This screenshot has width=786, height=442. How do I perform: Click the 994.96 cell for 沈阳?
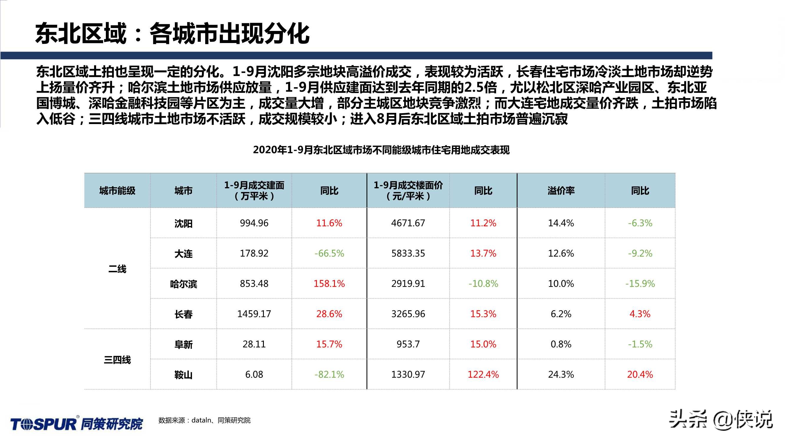coord(254,223)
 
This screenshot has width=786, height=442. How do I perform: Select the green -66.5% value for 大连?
coord(329,253)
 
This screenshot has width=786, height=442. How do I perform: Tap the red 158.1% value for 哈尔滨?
coord(329,283)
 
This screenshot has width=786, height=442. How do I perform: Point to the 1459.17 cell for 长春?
coord(254,314)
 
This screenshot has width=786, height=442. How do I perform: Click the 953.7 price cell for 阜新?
coord(408,344)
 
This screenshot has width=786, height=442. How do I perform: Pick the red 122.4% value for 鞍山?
coord(483,374)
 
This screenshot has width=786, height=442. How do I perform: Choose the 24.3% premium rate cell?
coord(561,374)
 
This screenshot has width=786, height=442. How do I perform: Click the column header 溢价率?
coord(561,191)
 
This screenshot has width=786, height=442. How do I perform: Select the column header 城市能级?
coord(117,191)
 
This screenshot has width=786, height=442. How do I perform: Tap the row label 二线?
coord(117,269)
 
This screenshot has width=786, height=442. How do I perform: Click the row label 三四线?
coord(117,359)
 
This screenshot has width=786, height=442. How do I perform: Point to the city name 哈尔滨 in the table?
coord(183,284)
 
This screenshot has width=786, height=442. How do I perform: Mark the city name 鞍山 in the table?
coord(183,375)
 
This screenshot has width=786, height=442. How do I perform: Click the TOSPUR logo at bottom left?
coord(77,424)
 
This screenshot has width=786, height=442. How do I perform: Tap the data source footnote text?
coord(204,420)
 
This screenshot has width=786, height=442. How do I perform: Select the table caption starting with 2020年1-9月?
coord(381,150)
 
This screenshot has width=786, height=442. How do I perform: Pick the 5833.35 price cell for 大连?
coord(408,253)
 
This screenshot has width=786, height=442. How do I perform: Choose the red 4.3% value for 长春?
coord(640,314)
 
